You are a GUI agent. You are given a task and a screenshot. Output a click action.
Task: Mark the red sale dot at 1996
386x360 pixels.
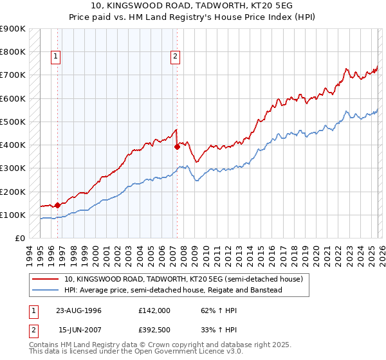point(58,205)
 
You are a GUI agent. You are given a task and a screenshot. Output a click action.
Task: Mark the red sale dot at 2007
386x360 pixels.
point(177,147)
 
